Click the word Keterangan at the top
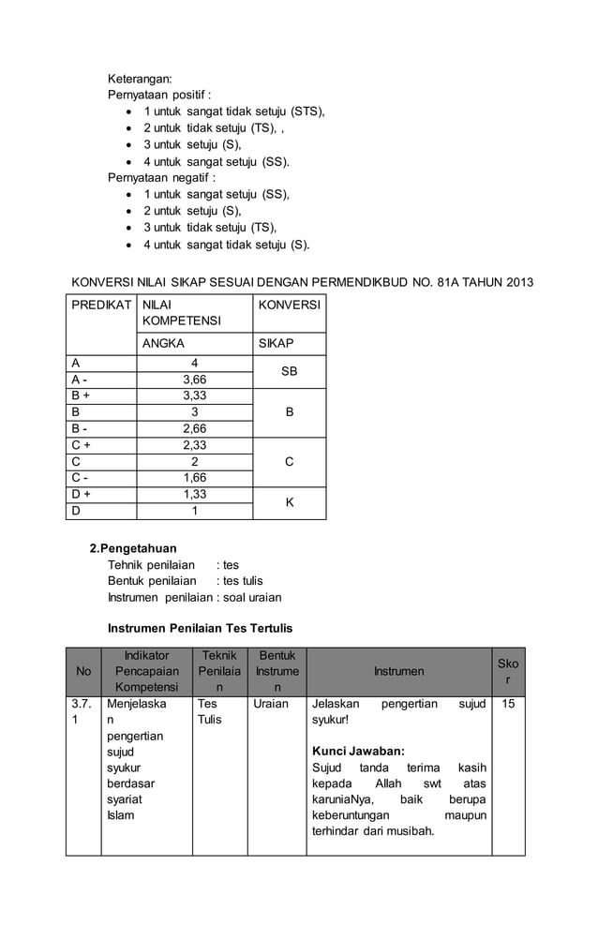[140, 79]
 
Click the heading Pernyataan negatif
[161, 177]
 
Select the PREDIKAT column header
[101, 306]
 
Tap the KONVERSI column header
[289, 306]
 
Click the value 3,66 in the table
[194, 380]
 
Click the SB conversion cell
[289, 372]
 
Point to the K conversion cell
[289, 503]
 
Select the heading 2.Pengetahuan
[132, 548]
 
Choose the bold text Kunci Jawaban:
[357, 751]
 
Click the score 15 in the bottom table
[507, 703]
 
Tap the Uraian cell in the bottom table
[270, 703]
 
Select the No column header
[83, 671]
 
